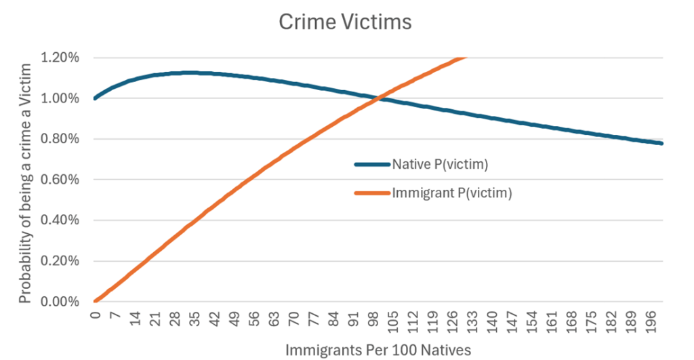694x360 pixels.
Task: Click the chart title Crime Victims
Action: [345, 22]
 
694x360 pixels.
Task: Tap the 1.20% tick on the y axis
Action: [61, 58]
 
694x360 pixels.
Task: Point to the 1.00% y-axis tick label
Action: [61, 98]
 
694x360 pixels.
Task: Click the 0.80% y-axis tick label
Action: [61, 139]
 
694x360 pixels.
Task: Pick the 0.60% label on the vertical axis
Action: [61, 180]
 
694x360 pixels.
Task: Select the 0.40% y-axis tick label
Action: [61, 220]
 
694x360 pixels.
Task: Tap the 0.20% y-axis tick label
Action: [61, 261]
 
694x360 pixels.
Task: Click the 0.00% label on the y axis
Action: [61, 302]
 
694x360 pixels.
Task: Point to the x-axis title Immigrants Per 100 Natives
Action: [377, 349]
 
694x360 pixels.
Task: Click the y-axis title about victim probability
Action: [25, 183]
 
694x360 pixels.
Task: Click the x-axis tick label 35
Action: [195, 319]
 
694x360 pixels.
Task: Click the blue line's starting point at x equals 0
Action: [96, 98]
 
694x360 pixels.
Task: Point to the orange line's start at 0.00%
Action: [96, 301]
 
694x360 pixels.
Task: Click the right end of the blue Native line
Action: [661, 143]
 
